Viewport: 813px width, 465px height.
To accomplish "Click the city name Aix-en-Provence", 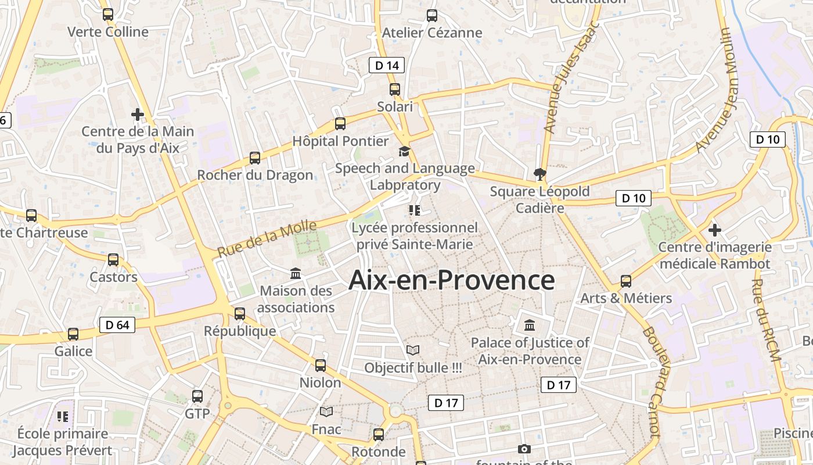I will [x=451, y=280].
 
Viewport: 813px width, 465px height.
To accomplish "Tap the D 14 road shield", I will [x=387, y=65].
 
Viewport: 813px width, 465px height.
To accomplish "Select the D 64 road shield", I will [x=117, y=325].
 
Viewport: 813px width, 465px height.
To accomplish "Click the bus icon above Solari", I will [x=395, y=90].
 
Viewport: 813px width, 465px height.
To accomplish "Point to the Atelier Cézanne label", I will [x=432, y=33].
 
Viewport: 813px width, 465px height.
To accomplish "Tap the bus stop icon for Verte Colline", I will [x=108, y=15].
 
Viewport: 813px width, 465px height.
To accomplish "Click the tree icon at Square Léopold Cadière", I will [x=540, y=174].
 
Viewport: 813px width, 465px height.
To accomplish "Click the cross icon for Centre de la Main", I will [x=138, y=114].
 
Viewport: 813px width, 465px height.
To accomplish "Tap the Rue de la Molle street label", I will [x=268, y=238].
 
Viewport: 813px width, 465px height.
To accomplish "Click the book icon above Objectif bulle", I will [x=413, y=350].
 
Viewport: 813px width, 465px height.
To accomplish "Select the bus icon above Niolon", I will [x=321, y=366].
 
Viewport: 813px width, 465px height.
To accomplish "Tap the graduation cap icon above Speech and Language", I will [x=404, y=152].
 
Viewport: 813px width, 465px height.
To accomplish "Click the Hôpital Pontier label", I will [x=340, y=141].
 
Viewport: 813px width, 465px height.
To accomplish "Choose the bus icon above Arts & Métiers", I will [x=626, y=281].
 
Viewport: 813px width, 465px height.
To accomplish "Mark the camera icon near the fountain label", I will [x=524, y=449].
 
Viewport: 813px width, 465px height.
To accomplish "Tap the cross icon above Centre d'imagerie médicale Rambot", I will [x=715, y=230].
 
